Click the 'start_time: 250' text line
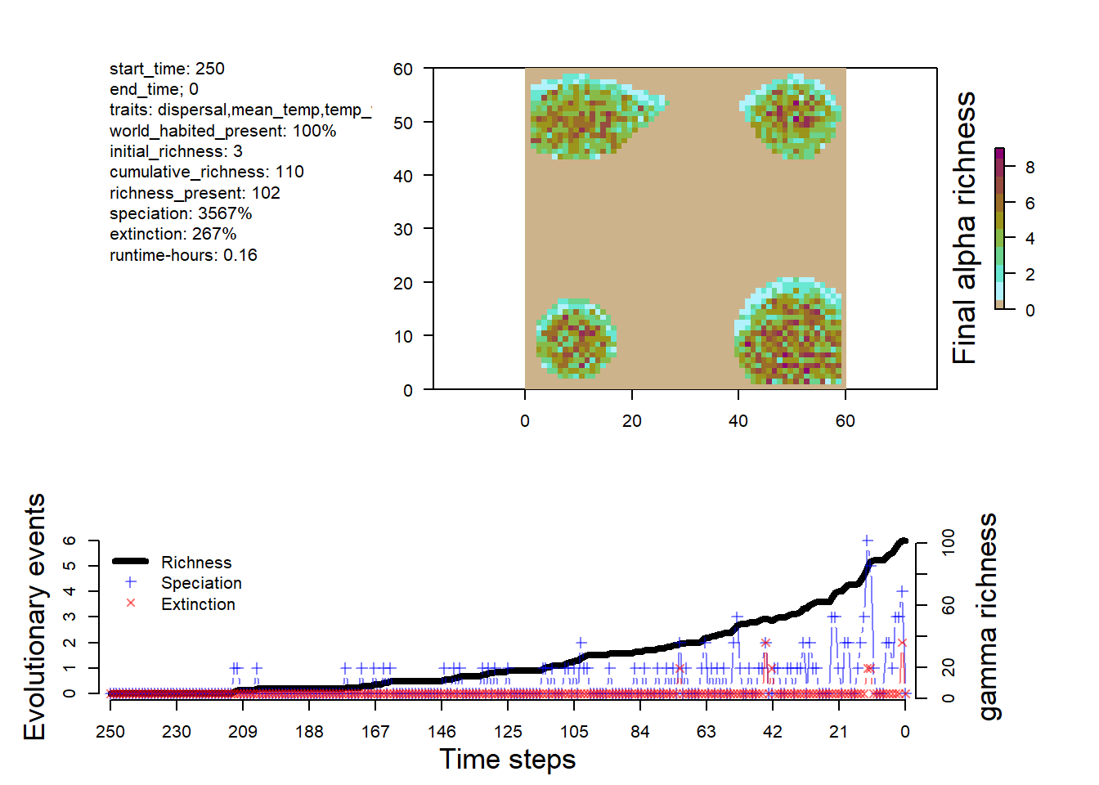coord(167,69)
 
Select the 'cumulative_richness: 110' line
coord(206,172)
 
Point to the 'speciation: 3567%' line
coord(181,213)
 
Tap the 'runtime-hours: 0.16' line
coord(183,255)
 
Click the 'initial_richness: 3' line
coord(176,151)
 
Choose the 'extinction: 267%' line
coord(173,234)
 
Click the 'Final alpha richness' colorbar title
coord(965,228)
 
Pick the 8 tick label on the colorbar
coord(1029,168)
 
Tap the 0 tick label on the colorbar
coord(1029,311)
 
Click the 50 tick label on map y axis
coord(402,123)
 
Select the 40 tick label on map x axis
coord(738,421)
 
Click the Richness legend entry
coord(196,563)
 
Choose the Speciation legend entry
coord(201,583)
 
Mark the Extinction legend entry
coord(198,604)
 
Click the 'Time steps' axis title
coord(507,760)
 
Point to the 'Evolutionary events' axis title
coord(34,617)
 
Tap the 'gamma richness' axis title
coord(988,617)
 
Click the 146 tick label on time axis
coord(442,732)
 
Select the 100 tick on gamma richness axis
coord(949,542)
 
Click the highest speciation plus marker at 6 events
coord(868,541)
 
